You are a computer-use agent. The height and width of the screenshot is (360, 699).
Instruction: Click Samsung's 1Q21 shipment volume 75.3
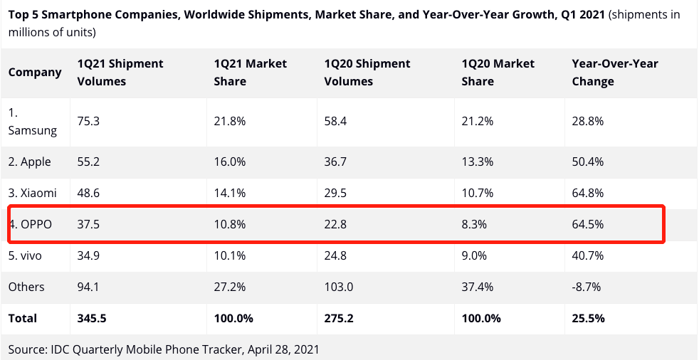point(88,121)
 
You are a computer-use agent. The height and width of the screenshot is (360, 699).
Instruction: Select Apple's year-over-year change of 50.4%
point(587,162)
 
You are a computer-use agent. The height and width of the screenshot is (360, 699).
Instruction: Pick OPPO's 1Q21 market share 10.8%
point(229,224)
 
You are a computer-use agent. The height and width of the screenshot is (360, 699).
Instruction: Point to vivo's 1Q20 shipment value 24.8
point(335,255)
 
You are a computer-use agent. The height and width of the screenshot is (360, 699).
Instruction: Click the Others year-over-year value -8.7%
point(586,287)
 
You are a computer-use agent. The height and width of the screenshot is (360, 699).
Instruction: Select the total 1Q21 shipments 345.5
point(91,318)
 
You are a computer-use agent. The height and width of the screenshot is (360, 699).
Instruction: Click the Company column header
point(35,73)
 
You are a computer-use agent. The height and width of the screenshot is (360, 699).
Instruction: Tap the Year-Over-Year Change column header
point(614,73)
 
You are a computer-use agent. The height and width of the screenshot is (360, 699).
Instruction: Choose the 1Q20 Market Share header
point(498,73)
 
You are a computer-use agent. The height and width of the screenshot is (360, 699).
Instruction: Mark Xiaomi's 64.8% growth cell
point(587,193)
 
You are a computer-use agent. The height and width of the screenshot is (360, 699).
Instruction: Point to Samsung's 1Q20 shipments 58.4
point(335,121)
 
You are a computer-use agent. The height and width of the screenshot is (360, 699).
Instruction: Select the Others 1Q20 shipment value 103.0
point(338,287)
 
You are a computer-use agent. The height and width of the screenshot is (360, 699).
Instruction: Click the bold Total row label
point(22,318)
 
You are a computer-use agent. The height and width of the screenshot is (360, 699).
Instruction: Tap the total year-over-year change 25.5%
point(588,318)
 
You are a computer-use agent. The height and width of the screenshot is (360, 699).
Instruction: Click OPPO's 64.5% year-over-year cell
point(587,224)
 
